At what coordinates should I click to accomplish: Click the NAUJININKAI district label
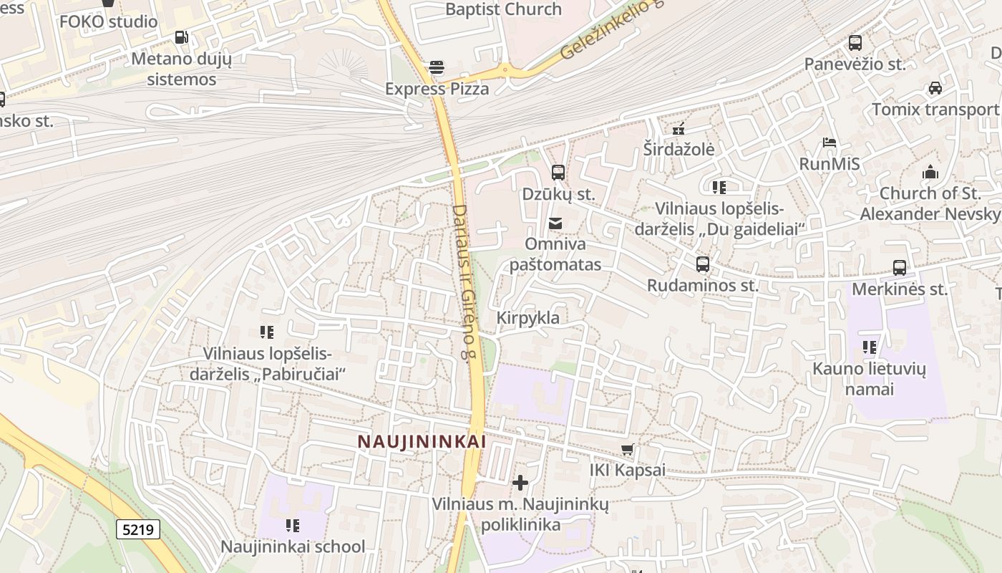click(422, 442)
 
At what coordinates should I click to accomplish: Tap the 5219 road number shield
click(138, 529)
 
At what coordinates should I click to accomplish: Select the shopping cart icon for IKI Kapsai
click(628, 450)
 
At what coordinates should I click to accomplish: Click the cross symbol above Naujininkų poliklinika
click(520, 483)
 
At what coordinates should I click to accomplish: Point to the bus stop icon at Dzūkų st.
click(558, 173)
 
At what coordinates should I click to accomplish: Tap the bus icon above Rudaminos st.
click(703, 264)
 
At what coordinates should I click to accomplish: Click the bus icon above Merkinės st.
click(900, 268)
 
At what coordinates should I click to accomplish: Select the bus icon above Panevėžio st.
click(855, 43)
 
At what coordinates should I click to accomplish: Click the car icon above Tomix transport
click(935, 88)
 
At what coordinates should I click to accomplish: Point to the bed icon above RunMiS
click(830, 143)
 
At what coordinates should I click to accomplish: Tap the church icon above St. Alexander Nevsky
click(930, 172)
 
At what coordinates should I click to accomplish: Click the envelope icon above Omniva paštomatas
click(555, 223)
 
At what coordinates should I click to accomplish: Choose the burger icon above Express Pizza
click(437, 67)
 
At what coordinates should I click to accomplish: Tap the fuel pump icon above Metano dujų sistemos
click(182, 37)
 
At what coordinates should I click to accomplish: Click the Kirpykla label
click(528, 317)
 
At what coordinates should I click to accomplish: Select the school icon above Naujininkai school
click(293, 526)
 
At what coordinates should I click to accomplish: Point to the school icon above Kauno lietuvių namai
click(870, 348)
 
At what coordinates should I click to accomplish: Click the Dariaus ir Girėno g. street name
click(464, 283)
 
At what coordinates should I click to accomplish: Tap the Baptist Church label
click(503, 9)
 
